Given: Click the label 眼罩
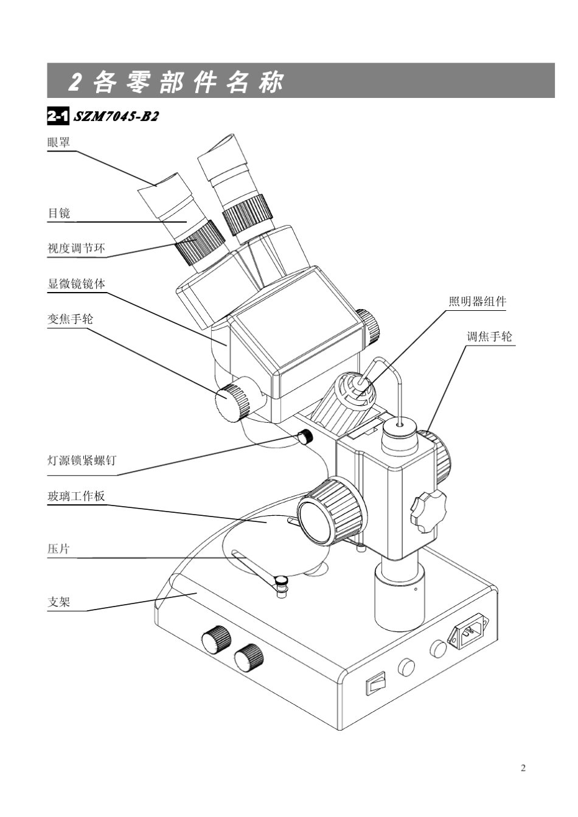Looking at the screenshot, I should coord(59,142).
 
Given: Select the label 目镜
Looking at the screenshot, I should coord(59,213).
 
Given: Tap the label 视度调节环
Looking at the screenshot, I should coord(76,248).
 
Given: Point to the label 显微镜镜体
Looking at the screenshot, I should coord(76,283).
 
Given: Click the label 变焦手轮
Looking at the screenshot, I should coord(71,319).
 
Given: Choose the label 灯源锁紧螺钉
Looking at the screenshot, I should coord(82,461).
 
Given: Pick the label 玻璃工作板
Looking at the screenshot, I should coord(76,496).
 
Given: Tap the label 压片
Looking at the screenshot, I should coord(59,549).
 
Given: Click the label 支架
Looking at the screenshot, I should coord(59,602).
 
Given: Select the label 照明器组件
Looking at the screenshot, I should coord(477,301).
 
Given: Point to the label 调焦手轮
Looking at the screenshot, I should coord(489,336).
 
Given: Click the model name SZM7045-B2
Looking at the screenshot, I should coord(116,116).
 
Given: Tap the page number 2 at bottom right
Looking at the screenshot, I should coord(523,768).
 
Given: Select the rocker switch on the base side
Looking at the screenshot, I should coord(376,683).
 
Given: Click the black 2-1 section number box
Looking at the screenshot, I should coord(58,116).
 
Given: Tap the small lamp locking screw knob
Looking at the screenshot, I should coord(305,436).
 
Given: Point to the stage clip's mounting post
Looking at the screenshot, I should coord(281,586).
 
